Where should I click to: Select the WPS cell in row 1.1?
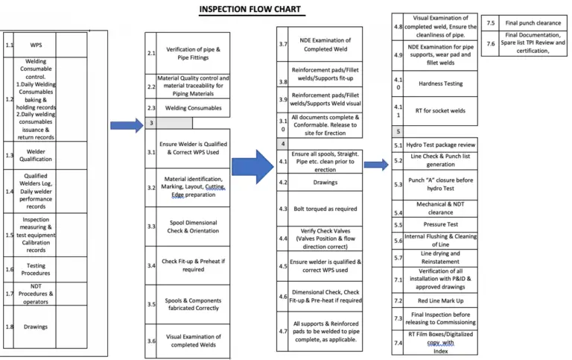(35, 45)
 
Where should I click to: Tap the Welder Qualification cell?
(35, 155)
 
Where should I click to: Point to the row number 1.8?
(8, 326)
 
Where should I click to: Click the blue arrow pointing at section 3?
(126, 124)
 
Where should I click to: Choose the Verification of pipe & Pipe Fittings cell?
(193, 53)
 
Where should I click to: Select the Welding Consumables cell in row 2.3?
(193, 108)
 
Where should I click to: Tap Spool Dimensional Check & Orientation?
(193, 227)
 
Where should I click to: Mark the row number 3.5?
(151, 304)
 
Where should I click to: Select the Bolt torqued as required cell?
(325, 209)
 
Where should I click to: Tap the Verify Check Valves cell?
(325, 239)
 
